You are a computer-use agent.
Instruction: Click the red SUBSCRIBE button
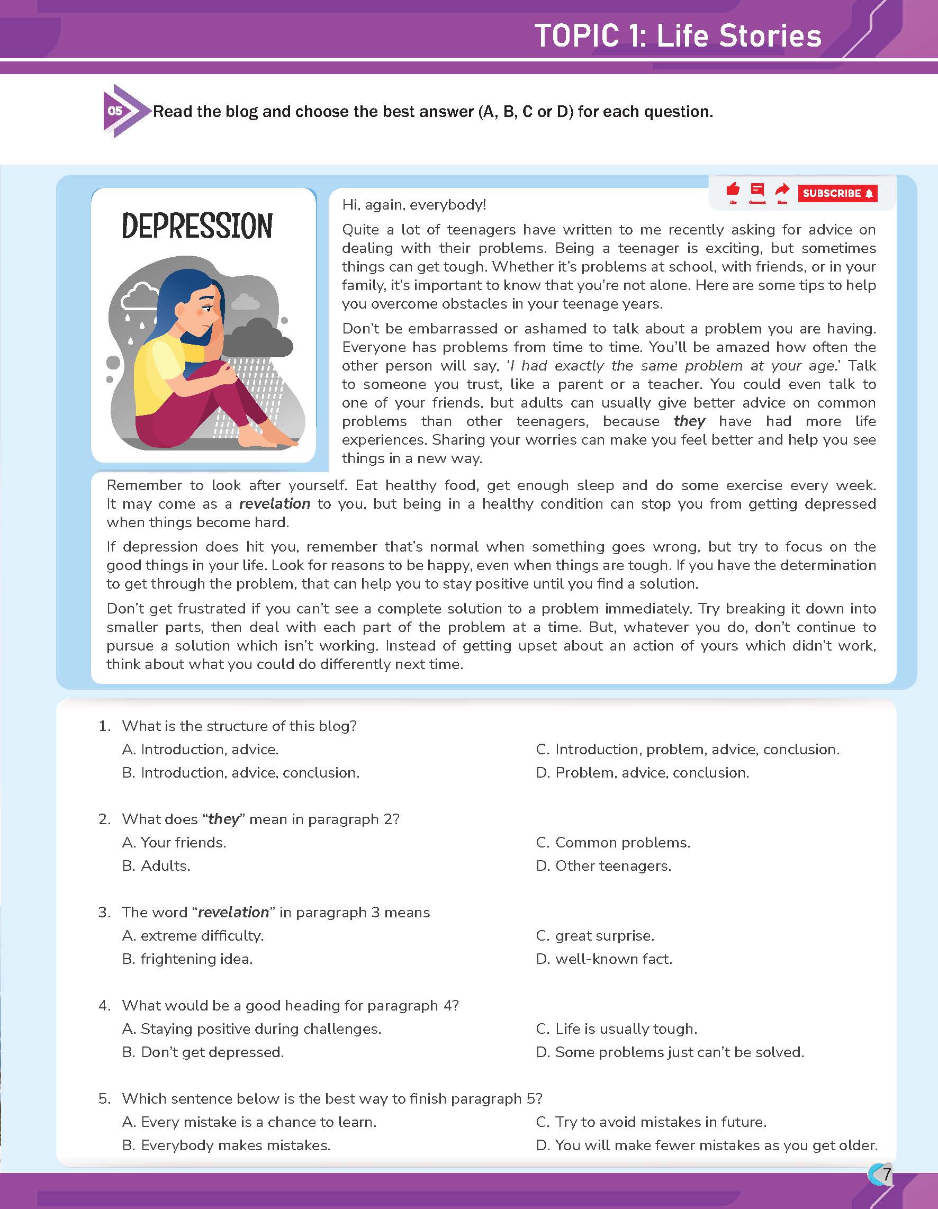click(x=837, y=193)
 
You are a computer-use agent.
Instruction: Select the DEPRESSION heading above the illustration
click(x=197, y=226)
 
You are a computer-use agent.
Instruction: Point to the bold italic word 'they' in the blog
click(x=689, y=421)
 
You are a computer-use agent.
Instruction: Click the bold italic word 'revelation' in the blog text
click(x=275, y=504)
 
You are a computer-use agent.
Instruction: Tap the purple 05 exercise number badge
click(x=115, y=111)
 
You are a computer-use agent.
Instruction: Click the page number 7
click(x=887, y=1174)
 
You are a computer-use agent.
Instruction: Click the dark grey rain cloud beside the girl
click(x=260, y=338)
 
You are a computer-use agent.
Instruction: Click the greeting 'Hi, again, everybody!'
click(x=414, y=205)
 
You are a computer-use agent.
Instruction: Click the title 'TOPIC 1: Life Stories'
click(x=678, y=36)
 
